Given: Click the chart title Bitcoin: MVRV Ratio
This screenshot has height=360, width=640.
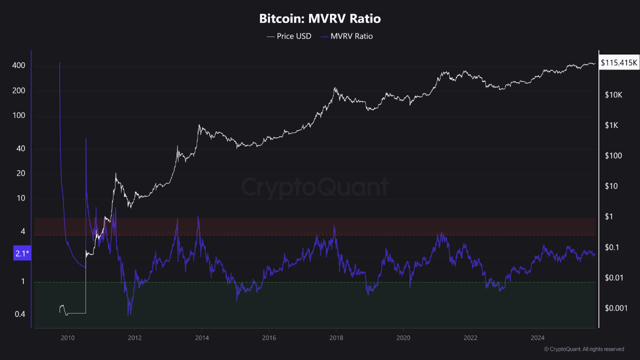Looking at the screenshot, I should [320, 19].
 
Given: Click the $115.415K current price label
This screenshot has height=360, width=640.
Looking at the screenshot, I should [619, 63].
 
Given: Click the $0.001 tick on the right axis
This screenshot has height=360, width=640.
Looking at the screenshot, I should [615, 308].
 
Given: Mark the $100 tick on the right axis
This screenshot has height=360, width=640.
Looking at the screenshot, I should [612, 156].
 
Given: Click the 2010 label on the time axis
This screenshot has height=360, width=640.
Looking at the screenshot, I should [67, 337].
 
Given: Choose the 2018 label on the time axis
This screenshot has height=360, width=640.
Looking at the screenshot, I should [336, 337].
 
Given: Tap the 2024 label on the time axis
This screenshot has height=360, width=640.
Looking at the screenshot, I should [538, 337].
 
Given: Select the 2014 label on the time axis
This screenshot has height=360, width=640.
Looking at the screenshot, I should [202, 337].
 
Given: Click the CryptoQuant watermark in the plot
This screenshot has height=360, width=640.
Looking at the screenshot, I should [315, 187].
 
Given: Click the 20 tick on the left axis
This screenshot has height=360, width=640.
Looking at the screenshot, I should [20, 173].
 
